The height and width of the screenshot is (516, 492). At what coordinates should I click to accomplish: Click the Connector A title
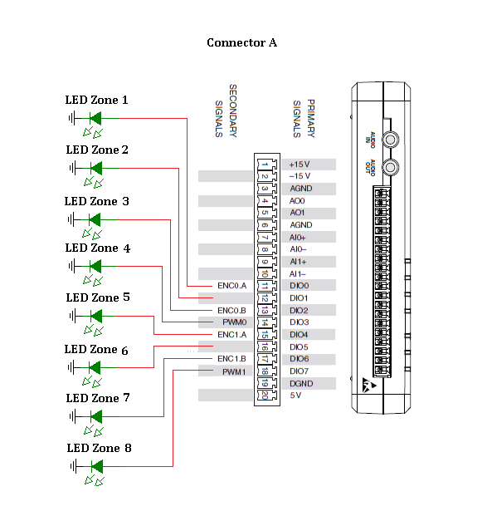(x=242, y=42)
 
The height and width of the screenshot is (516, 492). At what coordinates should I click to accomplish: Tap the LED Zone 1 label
(x=96, y=100)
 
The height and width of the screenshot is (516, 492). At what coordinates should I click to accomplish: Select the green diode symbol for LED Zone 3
(x=95, y=219)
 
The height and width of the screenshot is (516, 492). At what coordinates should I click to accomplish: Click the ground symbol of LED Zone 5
(x=73, y=317)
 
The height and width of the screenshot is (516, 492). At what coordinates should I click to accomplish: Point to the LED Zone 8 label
(x=100, y=448)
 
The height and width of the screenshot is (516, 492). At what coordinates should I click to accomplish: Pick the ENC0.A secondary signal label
(x=231, y=286)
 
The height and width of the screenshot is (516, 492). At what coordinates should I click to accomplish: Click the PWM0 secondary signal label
(x=234, y=322)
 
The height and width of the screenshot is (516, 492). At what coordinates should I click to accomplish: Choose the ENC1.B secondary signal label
(x=231, y=359)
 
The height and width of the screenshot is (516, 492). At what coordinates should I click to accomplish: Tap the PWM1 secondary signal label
(x=234, y=372)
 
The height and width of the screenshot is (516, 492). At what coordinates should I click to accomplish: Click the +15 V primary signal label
(x=300, y=165)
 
